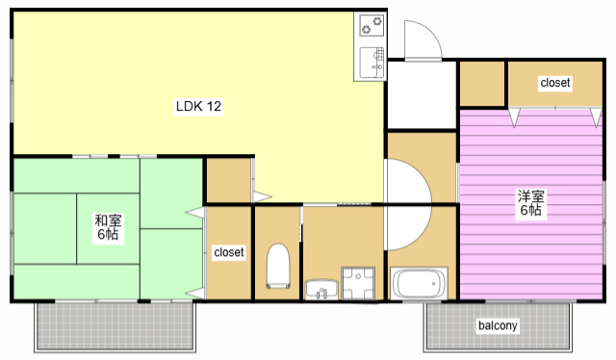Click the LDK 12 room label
click(x=198, y=106)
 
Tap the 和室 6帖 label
click(x=108, y=227)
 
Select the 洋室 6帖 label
click(x=530, y=203)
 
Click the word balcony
click(x=498, y=325)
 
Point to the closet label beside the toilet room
click(x=229, y=252)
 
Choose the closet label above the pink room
click(x=555, y=83)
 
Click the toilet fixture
click(x=278, y=266)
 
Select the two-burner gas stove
click(x=372, y=25)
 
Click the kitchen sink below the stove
click(x=372, y=63)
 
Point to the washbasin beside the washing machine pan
click(x=321, y=290)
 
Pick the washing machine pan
click(x=358, y=283)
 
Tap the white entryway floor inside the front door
click(x=422, y=94)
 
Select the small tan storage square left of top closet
click(x=482, y=84)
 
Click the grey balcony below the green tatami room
click(x=115, y=326)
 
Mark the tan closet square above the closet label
click(x=229, y=180)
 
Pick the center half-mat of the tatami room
click(x=108, y=228)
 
